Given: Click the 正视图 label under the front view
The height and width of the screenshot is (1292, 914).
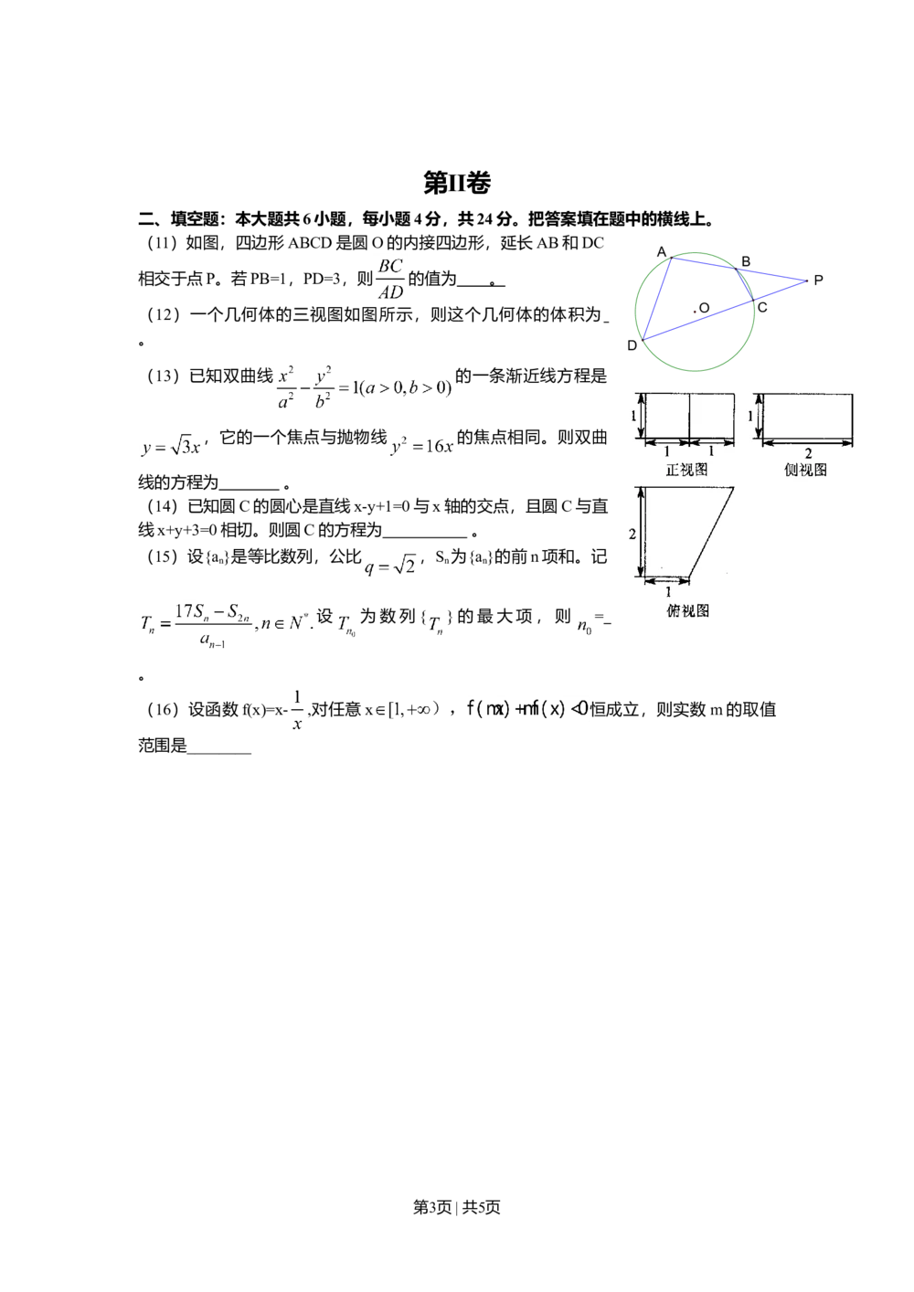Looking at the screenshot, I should (x=687, y=470).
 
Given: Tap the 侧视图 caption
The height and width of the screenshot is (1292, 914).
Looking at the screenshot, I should (x=805, y=470).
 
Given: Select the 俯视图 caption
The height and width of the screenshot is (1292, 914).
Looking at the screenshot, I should (x=688, y=610).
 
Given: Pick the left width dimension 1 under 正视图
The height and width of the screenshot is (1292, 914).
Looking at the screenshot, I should (x=666, y=451).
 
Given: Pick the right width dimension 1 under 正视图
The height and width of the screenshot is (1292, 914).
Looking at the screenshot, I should (x=711, y=451).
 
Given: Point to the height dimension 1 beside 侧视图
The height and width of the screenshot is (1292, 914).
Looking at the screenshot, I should (x=751, y=416).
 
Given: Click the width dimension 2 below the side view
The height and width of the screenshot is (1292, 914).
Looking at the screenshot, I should (x=808, y=453).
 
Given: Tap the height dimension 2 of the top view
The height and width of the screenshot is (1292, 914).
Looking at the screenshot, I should (x=632, y=534).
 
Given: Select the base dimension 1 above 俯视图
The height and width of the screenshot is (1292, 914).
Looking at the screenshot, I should (x=666, y=592).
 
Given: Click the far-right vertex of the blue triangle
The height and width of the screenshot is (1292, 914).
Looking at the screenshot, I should (x=804, y=281).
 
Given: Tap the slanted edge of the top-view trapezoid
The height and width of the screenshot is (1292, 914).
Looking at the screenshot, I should (x=711, y=534).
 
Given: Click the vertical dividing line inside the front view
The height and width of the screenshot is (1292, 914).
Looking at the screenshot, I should (x=689, y=416).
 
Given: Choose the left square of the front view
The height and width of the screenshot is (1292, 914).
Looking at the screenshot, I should (x=667, y=416).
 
